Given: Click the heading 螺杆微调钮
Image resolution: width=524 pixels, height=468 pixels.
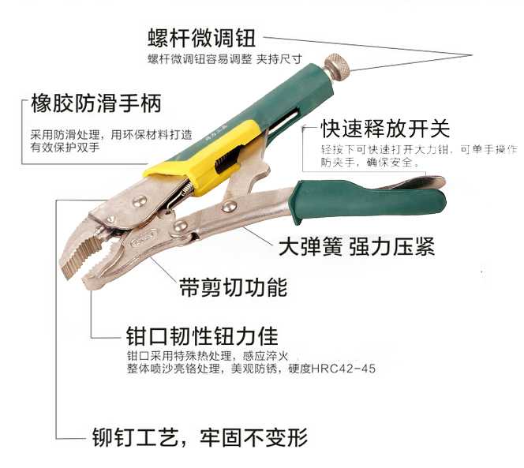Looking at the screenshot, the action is (x=202, y=38).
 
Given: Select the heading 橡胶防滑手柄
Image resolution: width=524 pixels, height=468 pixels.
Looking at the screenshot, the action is (x=96, y=103).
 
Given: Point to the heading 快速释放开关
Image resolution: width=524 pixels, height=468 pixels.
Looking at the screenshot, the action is (x=385, y=129).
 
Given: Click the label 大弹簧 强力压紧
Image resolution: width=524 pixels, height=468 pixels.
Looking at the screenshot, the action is (x=357, y=247).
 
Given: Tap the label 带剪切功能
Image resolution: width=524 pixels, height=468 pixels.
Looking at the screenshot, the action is (x=234, y=286).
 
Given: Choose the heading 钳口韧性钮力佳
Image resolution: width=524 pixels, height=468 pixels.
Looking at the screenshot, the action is (x=202, y=335).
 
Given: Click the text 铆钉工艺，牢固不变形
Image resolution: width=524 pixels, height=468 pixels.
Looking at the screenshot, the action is (x=200, y=437).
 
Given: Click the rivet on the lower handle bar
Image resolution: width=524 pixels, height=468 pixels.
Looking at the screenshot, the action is (x=229, y=206).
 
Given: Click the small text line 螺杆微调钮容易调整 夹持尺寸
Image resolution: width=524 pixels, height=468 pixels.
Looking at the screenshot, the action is (x=225, y=59).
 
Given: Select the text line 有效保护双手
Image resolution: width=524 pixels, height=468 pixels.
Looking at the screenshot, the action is (x=65, y=148).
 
